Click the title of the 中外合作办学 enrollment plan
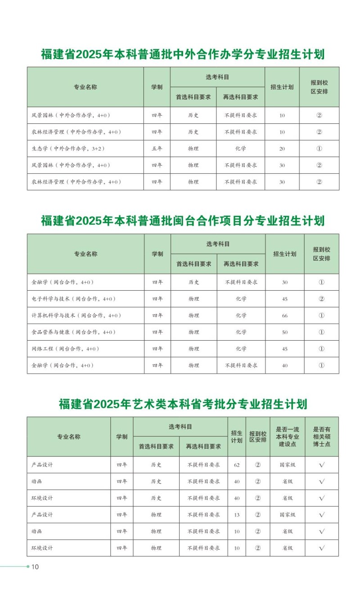183,55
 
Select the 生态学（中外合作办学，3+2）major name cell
66,149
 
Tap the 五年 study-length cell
157,149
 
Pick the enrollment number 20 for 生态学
282,149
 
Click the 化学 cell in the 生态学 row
240,149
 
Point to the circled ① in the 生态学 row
319,149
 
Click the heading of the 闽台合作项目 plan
183,221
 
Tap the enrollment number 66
285,316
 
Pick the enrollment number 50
285,332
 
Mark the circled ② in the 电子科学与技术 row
321,299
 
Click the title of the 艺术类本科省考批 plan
183,404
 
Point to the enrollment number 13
237,515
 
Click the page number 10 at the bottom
35,567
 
